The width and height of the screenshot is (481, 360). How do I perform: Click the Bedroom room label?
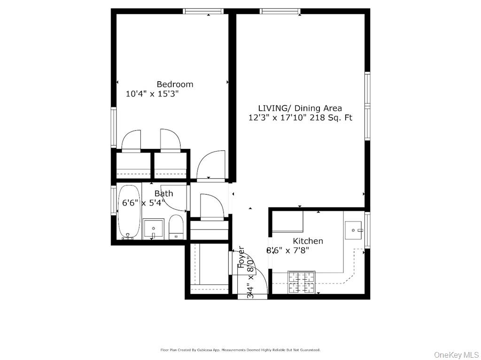point(175,84)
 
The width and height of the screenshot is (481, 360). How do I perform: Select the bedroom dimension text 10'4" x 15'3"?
point(152,94)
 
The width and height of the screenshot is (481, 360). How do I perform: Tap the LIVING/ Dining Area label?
point(300,108)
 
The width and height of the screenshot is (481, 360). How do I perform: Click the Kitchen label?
point(308,241)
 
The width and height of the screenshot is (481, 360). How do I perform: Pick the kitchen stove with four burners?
point(301,282)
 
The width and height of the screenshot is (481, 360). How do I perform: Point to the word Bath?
point(163,193)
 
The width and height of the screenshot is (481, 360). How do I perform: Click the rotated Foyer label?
point(241,257)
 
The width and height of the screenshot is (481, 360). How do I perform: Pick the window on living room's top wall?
point(280,11)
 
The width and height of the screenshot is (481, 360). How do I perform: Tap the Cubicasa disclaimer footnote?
point(240,350)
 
